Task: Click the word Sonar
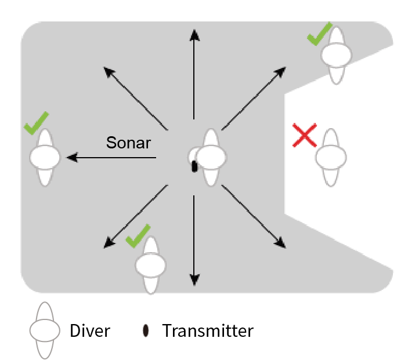pos(128,142)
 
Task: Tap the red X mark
pos(305,136)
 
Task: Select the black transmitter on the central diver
pos(194,166)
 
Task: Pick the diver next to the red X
pos(331,157)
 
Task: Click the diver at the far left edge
pos(45,157)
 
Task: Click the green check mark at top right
pos(319,34)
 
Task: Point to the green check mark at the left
pos(36,123)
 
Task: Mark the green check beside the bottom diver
pos(138,235)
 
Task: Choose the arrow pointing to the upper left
pos(135,98)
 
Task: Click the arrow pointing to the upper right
pos(254,97)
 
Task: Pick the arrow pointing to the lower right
pos(254,217)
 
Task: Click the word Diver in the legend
pos(90,331)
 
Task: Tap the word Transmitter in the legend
pos(207,331)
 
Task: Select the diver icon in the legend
pos(45,331)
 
